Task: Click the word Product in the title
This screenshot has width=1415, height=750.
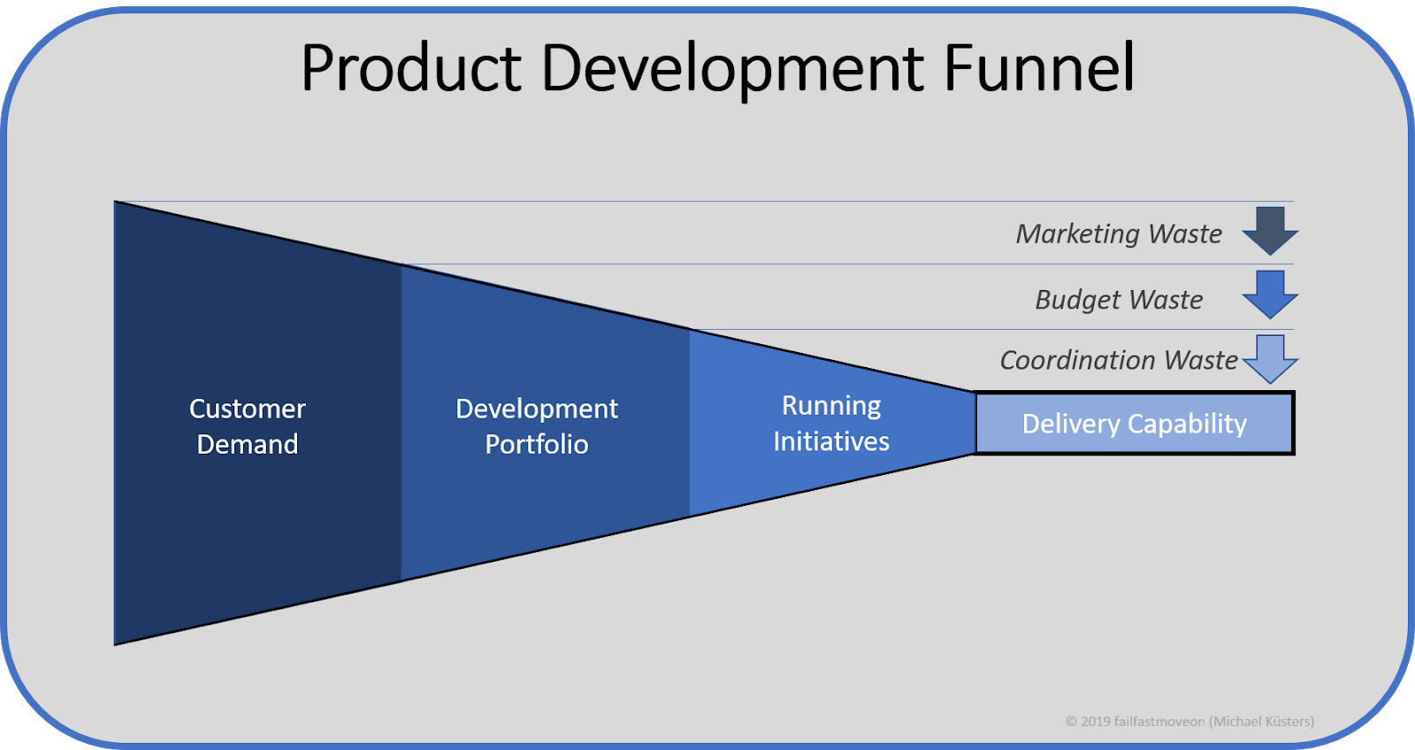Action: click(x=411, y=69)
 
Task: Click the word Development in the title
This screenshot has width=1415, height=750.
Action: click(x=732, y=69)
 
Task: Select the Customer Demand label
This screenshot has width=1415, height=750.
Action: click(x=248, y=425)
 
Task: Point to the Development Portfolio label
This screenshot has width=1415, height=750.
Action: click(x=536, y=425)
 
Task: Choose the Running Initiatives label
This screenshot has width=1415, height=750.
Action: click(x=831, y=423)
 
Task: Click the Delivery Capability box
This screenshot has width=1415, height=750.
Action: click(x=1134, y=424)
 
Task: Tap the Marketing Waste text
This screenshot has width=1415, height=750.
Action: click(x=1118, y=233)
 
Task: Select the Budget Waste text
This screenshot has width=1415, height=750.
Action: click(x=1118, y=300)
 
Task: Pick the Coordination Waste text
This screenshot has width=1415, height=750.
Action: click(x=1118, y=360)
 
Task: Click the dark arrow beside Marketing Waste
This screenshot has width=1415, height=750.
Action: click(x=1270, y=230)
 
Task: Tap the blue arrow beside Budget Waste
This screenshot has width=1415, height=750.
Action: click(x=1270, y=294)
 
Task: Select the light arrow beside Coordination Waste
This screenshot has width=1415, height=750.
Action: click(x=1270, y=358)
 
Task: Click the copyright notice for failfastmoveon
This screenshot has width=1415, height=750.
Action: click(x=1189, y=722)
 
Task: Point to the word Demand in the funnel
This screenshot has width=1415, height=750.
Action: click(x=248, y=444)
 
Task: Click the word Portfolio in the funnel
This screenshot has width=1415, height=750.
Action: click(x=536, y=444)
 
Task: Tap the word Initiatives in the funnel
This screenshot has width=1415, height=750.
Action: click(x=831, y=441)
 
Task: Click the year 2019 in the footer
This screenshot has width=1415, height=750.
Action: click(x=1095, y=722)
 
